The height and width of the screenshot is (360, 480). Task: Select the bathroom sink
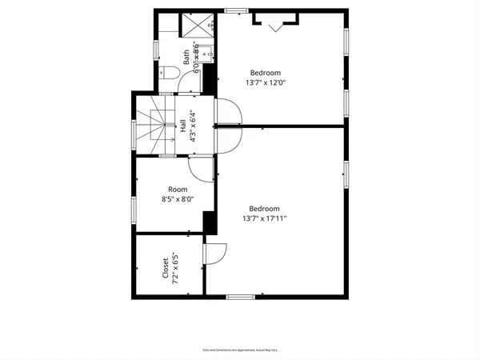click(x=205, y=54)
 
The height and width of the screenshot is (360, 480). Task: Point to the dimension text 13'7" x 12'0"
click(x=265, y=82)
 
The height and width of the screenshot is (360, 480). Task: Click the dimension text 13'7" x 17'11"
click(x=265, y=218)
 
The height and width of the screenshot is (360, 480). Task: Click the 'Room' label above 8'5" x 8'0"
click(x=178, y=190)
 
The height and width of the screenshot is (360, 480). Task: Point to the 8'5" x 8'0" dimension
click(x=178, y=200)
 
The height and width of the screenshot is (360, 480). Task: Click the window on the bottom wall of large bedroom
click(x=239, y=297)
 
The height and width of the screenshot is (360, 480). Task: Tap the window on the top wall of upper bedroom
click(x=235, y=10)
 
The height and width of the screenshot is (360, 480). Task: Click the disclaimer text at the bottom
click(x=239, y=350)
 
